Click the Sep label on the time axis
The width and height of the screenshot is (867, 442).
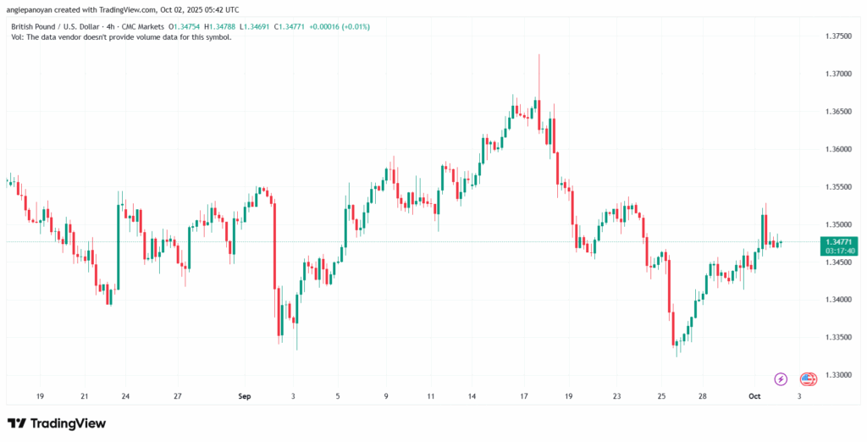245,395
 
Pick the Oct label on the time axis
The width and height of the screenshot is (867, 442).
756,395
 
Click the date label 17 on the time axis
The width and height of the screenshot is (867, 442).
524,395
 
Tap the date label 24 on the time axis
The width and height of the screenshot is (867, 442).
125,395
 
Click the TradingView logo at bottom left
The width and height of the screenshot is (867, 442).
57,423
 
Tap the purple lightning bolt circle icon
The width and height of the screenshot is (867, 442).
781,378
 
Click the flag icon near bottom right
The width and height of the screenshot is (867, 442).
808,378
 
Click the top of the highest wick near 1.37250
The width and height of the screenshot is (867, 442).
538,54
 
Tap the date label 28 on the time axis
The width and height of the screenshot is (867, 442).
703,395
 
